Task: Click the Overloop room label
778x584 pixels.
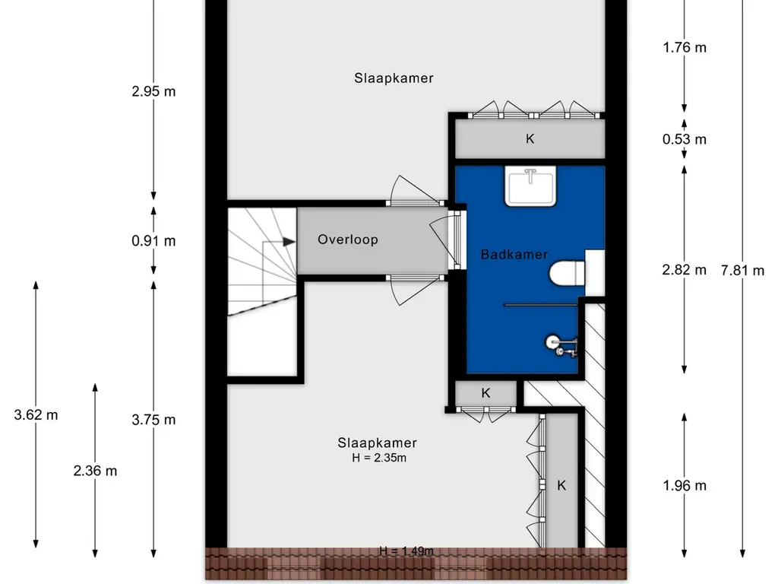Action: pyautogui.click(x=348, y=240)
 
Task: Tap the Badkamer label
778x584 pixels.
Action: pyautogui.click(x=514, y=254)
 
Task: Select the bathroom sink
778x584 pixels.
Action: pyautogui.click(x=530, y=186)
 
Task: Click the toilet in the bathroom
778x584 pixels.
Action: pyautogui.click(x=567, y=274)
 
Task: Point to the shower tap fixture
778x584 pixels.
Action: pyautogui.click(x=562, y=346)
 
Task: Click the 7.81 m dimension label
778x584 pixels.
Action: pyautogui.click(x=742, y=271)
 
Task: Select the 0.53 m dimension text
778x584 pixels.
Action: pyautogui.click(x=685, y=140)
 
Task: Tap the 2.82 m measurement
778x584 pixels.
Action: pyautogui.click(x=685, y=270)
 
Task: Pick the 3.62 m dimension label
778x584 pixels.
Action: pyautogui.click(x=36, y=414)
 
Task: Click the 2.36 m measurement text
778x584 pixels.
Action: pyautogui.click(x=95, y=471)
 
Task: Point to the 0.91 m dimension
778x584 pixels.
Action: pyautogui.click(x=153, y=241)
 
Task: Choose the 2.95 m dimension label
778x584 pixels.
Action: pyautogui.click(x=153, y=91)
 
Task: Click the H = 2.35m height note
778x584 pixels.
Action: pyautogui.click(x=379, y=458)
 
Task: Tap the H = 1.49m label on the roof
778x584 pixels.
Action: pyautogui.click(x=406, y=551)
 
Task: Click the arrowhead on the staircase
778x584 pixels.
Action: pyautogui.click(x=289, y=242)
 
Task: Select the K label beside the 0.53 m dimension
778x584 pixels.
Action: pyautogui.click(x=530, y=139)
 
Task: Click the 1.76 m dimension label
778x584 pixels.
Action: pyautogui.click(x=685, y=48)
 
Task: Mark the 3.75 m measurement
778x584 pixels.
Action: pyautogui.click(x=153, y=420)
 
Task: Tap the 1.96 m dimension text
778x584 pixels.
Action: pyautogui.click(x=685, y=486)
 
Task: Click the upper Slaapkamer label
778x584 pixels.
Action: pyautogui.click(x=394, y=78)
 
